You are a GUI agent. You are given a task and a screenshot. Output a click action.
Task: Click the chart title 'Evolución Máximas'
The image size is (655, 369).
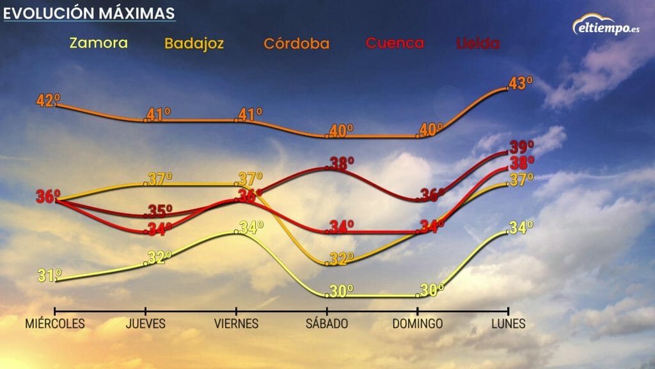[x=89, y=13]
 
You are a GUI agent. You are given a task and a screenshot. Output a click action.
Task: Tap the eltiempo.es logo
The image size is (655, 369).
[x=604, y=26]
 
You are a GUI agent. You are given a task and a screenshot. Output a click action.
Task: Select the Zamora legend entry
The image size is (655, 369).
[x=99, y=43]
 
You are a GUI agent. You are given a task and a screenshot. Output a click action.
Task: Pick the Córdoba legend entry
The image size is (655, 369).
[x=297, y=44]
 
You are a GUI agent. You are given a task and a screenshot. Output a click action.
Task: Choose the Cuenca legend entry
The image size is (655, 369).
[x=395, y=43]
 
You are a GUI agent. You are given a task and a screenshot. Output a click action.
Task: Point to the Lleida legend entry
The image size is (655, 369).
[x=478, y=44]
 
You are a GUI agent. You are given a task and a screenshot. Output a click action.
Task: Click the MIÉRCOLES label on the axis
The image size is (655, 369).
[x=55, y=324]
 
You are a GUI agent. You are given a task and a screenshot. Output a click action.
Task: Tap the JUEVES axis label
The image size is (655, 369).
[x=146, y=324]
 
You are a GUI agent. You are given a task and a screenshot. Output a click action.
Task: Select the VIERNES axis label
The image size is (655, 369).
[x=237, y=324]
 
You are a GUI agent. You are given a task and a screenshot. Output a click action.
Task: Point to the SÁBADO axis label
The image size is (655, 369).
[x=327, y=324]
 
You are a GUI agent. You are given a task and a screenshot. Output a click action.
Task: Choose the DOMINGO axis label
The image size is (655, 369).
[x=418, y=324]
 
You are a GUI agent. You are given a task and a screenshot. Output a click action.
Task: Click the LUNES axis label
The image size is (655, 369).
[x=509, y=324]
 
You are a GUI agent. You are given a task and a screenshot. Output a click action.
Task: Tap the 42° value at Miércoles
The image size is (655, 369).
[x=48, y=101]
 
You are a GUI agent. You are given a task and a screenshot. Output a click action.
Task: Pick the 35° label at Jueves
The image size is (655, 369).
[x=159, y=211]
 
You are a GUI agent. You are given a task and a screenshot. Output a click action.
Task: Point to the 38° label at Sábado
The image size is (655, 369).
[x=341, y=163]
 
